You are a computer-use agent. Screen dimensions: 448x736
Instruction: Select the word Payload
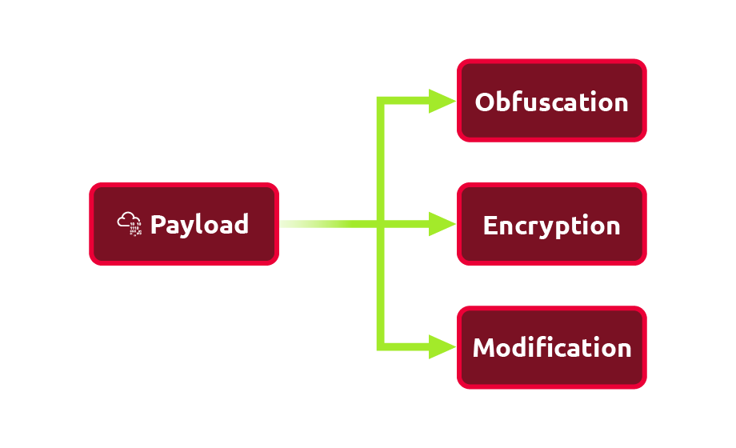199,225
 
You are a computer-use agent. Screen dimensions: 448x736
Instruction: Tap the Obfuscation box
551,101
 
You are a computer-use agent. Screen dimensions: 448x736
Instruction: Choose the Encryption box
551,225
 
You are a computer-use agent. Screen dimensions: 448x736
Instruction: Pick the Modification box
551,348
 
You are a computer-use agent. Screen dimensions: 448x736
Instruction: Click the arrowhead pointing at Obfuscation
442,101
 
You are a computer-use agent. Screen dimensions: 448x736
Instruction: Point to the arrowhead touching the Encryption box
442,224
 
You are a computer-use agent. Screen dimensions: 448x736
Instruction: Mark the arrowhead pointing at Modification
442,346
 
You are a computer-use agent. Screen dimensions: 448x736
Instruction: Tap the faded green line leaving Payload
320,224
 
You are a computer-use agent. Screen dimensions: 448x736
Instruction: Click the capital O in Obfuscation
485,102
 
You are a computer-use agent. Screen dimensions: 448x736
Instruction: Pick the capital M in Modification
483,348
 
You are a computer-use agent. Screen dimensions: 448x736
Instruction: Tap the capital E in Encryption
490,226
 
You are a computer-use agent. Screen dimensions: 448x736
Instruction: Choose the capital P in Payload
158,224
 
